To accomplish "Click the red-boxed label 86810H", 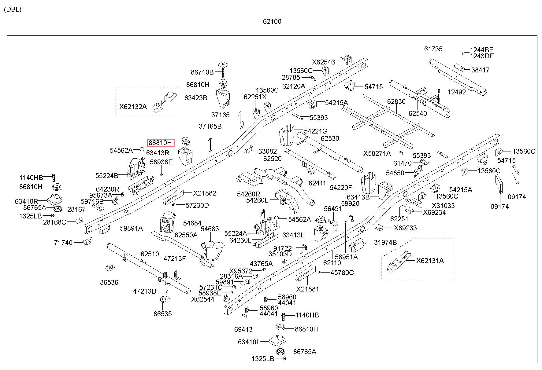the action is [161, 143].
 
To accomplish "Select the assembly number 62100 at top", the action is [272, 22].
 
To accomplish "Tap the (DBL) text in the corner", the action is [13, 9].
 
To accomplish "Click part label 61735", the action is [433, 49].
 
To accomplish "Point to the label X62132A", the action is [133, 107].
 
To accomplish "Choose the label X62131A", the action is [430, 261].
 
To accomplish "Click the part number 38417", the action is [480, 70].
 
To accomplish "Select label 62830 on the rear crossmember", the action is [396, 101].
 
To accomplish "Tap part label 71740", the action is [63, 243].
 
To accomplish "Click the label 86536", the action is [109, 282].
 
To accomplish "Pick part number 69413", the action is [243, 329].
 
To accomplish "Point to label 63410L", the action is [249, 342].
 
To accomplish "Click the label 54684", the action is [192, 223].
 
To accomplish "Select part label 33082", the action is [268, 151].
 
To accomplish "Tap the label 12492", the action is [457, 92].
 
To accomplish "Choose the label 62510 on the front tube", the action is [150, 254].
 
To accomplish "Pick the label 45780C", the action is [342, 273].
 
